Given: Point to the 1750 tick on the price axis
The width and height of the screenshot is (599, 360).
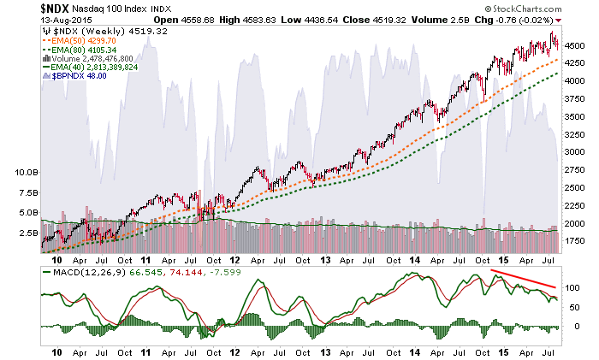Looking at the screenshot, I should coord(575,242).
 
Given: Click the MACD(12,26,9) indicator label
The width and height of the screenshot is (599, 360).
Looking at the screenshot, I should coord(79,272).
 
